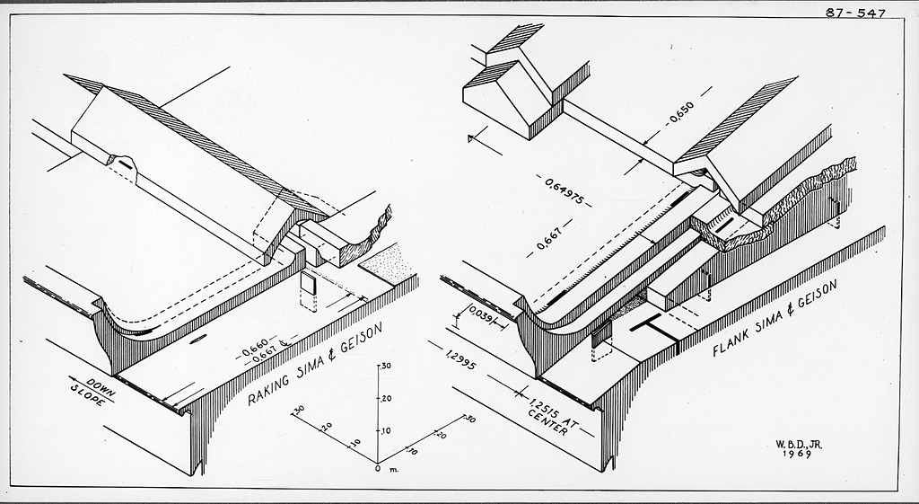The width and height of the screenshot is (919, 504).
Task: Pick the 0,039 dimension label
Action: [477, 317]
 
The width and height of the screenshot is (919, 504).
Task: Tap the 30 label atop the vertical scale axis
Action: [387, 367]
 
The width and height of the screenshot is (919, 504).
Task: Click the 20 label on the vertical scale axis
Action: [387, 399]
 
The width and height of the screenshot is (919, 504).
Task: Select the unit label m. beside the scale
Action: [393, 469]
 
